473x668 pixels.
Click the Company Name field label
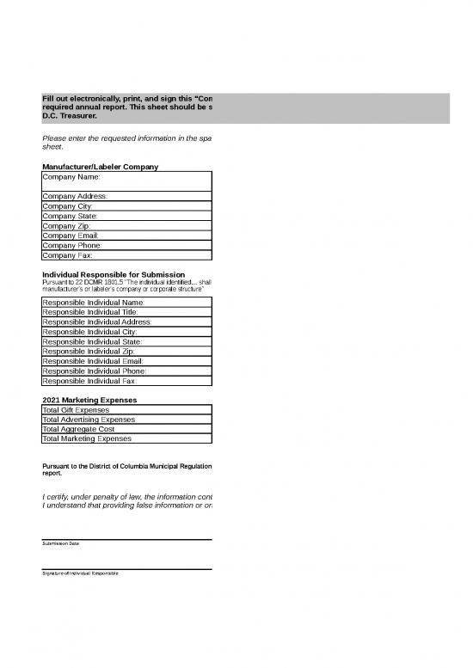pos(71,176)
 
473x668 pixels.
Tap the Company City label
pos(68,206)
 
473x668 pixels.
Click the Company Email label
pos(71,236)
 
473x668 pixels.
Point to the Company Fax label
pos(67,255)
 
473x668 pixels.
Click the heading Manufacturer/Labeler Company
pos(99,166)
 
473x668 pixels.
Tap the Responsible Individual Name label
pos(93,302)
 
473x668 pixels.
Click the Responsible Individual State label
pos(92,341)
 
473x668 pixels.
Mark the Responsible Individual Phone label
pos(94,371)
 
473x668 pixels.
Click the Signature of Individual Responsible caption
pos(81,573)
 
